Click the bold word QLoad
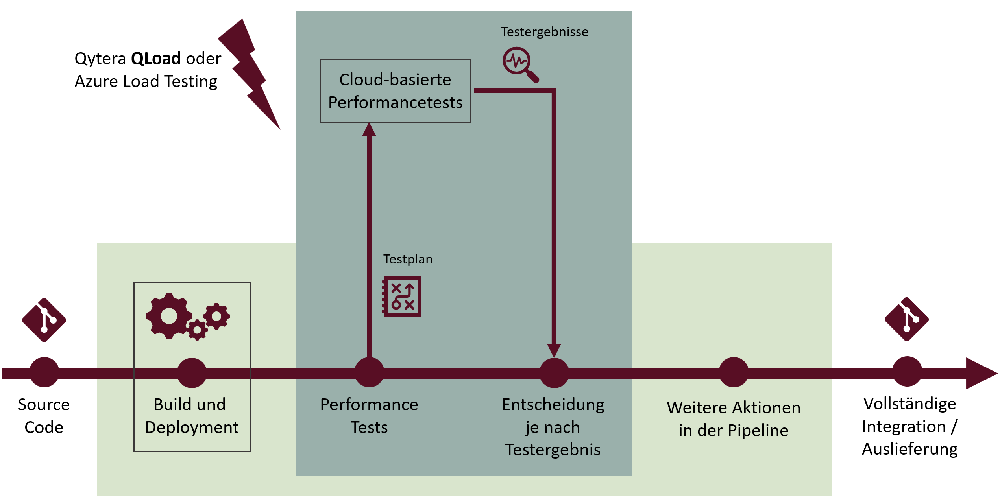pos(156,59)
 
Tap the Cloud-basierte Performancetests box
pos(395,91)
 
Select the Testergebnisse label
pos(544,32)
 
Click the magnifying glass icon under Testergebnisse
pos(519,63)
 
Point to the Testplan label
pos(408,259)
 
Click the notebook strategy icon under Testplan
pos(402,297)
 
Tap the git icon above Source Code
pos(44,320)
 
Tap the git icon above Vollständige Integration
pos(906,319)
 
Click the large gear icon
pos(169,316)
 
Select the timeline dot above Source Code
pos(44,372)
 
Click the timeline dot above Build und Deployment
pos(192,373)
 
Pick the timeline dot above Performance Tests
pos(369,372)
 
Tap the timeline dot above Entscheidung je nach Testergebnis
pos(554,373)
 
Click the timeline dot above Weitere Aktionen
pos(733,372)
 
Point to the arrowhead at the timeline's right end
pos(980,373)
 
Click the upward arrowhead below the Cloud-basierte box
pos(369,130)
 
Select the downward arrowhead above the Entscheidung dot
pos(554,350)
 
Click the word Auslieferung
pos(909,449)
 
